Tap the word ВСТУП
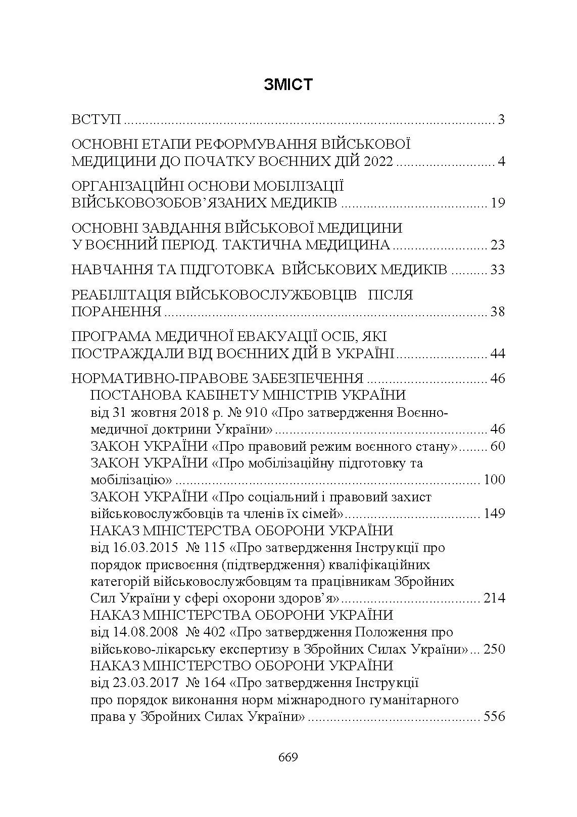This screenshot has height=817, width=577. point(97,120)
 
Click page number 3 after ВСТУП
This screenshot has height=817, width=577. point(501,120)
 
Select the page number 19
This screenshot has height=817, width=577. point(498,203)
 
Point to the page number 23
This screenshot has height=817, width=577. point(498,245)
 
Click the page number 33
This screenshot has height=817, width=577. point(498,270)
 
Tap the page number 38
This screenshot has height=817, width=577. point(498,312)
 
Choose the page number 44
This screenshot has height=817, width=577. point(498,354)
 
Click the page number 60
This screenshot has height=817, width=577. point(498,447)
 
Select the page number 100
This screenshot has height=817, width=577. point(494,480)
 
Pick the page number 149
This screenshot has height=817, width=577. point(494,514)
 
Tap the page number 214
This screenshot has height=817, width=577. point(494,598)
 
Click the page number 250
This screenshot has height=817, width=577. point(494,649)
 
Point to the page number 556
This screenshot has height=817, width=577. point(494,717)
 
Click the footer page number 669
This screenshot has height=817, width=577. point(288,757)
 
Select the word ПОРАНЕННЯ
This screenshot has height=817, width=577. point(116,312)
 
